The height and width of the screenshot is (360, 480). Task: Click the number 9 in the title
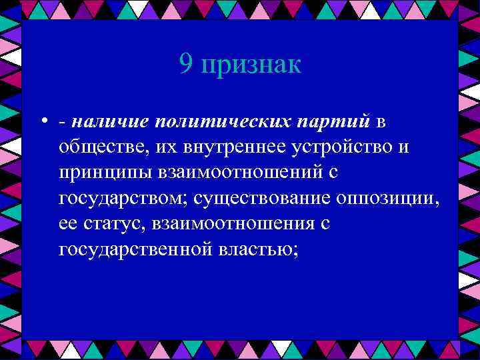click(x=186, y=65)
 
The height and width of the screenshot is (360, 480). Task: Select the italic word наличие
click(x=107, y=121)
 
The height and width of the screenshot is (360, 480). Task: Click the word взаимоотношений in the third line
click(x=241, y=173)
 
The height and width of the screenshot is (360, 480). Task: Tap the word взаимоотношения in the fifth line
click(x=233, y=223)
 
